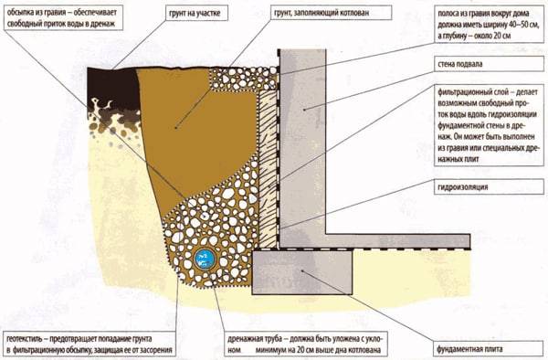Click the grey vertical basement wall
coord(300,137)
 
